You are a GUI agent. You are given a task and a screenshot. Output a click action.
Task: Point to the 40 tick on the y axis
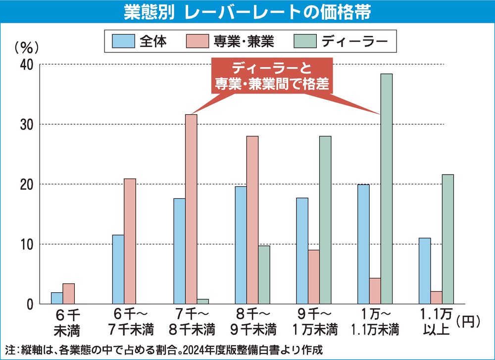coord(26,65)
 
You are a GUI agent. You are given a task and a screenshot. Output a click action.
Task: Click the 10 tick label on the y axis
coord(26,244)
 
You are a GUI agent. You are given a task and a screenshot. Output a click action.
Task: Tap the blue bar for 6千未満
coord(57,298)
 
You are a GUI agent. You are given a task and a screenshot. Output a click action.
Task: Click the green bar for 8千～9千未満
coord(264,274)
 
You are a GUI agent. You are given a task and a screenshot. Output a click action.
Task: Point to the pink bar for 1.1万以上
coord(436,298)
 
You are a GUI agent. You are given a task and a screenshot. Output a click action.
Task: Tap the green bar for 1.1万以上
coord(447,239)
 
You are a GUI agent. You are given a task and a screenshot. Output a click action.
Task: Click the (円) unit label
coord(470,322)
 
